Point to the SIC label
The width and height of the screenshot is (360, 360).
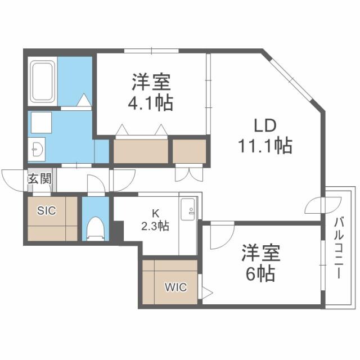[x=47, y=211]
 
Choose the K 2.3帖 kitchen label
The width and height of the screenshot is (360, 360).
[x=154, y=220]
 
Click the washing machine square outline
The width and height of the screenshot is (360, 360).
[x=41, y=122]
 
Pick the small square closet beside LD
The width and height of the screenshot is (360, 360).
[x=189, y=151]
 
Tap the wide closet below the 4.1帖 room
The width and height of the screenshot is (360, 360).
[x=141, y=151]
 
